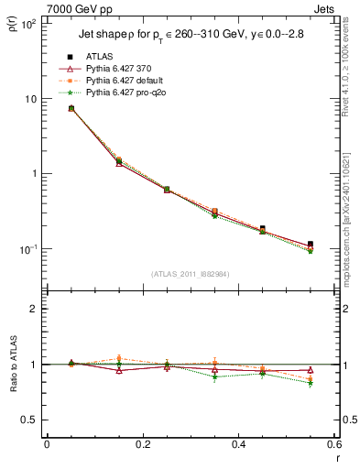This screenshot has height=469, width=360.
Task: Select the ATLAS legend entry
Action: tap(97, 57)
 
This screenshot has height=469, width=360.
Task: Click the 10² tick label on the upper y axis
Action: tap(28, 24)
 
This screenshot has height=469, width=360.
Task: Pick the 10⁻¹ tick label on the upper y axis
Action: tap(28, 249)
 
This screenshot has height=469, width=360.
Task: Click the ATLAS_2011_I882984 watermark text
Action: tap(190, 274)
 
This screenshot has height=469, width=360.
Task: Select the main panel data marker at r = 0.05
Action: tap(71, 108)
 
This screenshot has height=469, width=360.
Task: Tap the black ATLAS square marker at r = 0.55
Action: tap(311, 245)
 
